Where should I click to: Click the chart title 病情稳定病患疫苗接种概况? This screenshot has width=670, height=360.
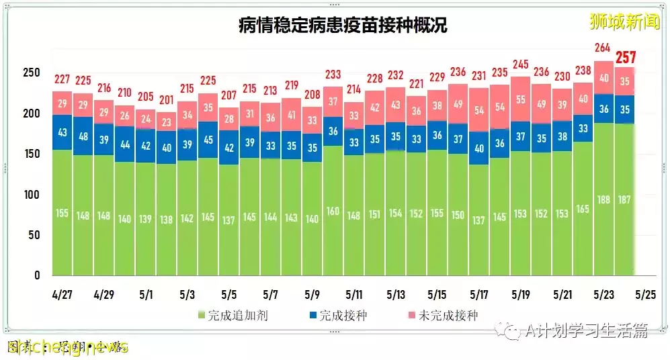tap(343, 26)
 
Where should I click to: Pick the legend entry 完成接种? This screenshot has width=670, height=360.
tap(338, 315)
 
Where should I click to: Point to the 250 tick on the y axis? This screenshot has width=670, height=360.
tap(32, 73)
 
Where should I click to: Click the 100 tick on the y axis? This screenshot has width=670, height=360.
tap(32, 195)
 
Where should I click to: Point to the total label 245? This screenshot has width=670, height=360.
tap(520, 64)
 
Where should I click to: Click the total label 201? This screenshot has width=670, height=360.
tap(166, 100)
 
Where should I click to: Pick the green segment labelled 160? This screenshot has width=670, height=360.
tap(333, 210)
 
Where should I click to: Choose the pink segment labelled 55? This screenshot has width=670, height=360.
tap(520, 99)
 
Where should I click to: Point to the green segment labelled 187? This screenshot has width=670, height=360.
tap(624, 199)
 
